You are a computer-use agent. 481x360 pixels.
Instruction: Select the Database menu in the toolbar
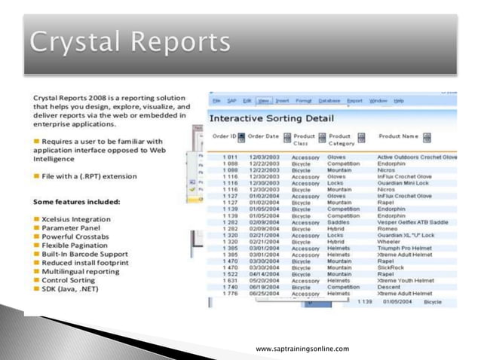pos(329,100)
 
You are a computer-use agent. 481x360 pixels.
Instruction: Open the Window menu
pos(378,100)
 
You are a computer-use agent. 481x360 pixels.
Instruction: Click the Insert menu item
pos(283,100)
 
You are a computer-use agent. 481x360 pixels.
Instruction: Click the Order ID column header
pos(224,136)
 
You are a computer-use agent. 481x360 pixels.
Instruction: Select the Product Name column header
pos(399,136)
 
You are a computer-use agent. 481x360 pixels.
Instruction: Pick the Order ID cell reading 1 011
pos(230,157)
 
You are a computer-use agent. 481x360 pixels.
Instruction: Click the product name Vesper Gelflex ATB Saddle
pos(413,222)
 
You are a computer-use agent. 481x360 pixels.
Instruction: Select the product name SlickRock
pos(391,267)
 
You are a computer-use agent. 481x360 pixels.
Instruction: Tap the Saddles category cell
pos(339,222)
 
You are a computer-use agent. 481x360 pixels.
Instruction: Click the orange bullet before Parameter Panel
pos(37,227)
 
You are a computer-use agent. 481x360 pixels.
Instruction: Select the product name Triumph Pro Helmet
pos(406,248)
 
